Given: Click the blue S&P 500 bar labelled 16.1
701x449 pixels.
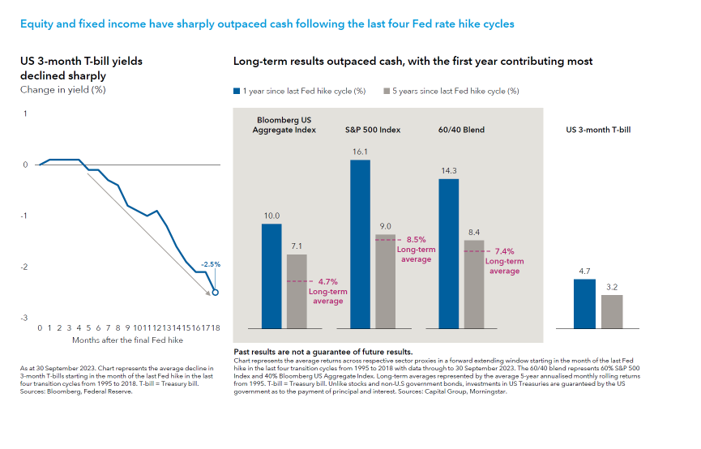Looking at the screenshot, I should [x=361, y=243].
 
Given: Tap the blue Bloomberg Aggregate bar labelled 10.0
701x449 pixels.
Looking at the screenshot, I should [x=271, y=276].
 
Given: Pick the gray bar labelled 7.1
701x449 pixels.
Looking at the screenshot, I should [x=297, y=291].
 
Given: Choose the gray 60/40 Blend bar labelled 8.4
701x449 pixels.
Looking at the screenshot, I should [x=473, y=284].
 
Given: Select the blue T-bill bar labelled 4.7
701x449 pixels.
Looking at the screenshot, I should [x=584, y=303].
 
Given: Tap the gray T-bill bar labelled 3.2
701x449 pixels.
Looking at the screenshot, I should [x=612, y=311].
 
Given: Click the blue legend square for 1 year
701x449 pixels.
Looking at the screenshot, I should [x=237, y=92].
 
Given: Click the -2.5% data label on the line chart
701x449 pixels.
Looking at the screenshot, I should [x=211, y=264].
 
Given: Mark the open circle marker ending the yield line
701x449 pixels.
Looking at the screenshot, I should [x=215, y=293].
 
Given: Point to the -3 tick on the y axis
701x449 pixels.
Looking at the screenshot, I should [x=25, y=319].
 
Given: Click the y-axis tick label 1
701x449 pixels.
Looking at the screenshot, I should [x=25, y=113].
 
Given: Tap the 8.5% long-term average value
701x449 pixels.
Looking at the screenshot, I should [x=417, y=240].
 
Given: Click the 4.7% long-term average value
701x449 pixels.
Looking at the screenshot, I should [x=327, y=281].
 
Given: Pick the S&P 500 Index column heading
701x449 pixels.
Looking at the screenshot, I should [x=373, y=130].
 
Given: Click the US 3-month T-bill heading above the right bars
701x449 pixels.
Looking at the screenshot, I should [x=597, y=130].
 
